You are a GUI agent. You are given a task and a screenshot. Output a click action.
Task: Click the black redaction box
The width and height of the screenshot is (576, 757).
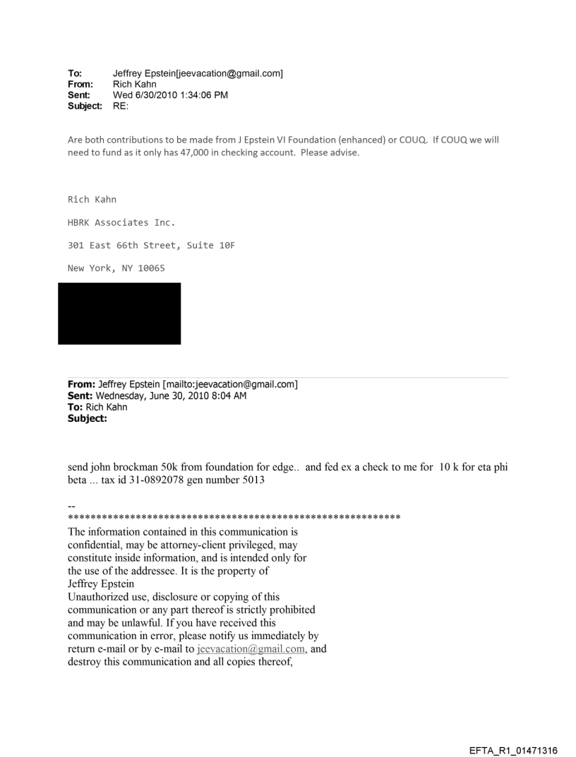click(119, 313)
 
